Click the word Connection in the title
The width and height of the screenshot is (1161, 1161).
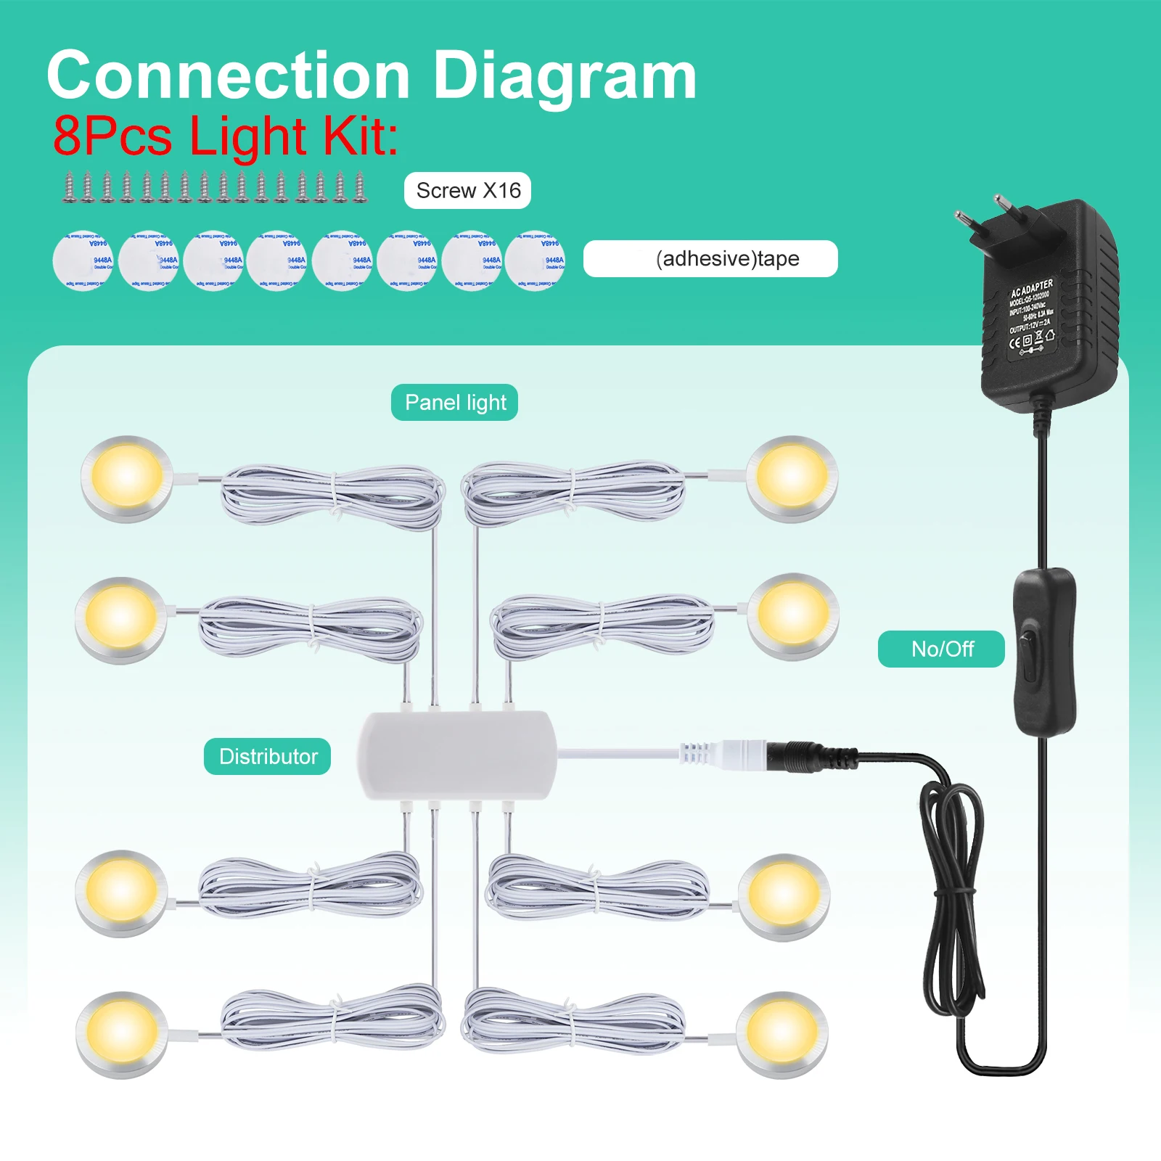[229, 76]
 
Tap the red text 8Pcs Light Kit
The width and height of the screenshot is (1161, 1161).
[226, 136]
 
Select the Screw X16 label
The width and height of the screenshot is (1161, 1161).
[468, 191]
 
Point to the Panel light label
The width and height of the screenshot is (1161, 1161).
[455, 403]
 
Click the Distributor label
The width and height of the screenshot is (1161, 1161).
[268, 757]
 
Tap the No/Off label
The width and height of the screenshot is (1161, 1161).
[941, 649]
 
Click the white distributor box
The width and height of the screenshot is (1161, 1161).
[456, 755]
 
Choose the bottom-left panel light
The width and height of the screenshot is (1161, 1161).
[122, 1034]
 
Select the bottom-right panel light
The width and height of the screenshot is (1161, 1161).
[782, 1034]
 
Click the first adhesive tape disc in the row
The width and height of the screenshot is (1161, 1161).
[82, 260]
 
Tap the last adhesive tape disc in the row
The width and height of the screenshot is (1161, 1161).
[536, 260]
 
